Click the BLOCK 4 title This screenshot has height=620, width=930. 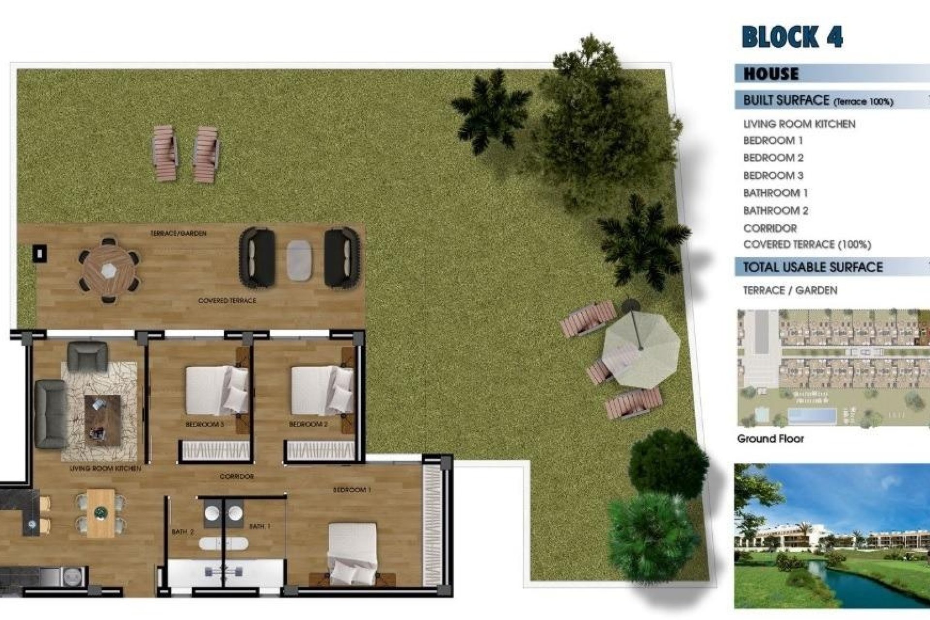click(x=792, y=37)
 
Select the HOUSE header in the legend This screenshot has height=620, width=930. click(x=771, y=74)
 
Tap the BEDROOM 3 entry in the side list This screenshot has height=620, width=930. click(x=773, y=175)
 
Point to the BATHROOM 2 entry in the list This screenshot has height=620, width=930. click(x=775, y=211)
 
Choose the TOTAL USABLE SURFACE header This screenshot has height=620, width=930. click(x=813, y=267)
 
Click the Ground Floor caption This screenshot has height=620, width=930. click(x=770, y=439)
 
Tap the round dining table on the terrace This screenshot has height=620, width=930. click(x=109, y=270)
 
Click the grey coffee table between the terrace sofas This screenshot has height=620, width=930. click(x=300, y=261)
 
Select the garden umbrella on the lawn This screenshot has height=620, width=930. click(x=641, y=348)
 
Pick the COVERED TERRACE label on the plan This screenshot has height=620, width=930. click(x=227, y=301)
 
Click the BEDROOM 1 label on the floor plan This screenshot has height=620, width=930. click(x=352, y=490)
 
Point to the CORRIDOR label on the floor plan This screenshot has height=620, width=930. click(x=236, y=477)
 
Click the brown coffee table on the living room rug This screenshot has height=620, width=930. click(x=102, y=419)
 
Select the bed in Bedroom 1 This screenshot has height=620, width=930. click(x=352, y=554)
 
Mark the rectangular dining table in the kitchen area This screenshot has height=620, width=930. click(x=101, y=512)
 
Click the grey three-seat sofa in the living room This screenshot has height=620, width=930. click(x=50, y=414)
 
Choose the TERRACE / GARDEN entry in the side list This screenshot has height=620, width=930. click(x=790, y=291)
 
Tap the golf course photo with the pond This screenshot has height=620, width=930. click(x=831, y=536)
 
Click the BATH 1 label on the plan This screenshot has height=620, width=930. click(x=260, y=526)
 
